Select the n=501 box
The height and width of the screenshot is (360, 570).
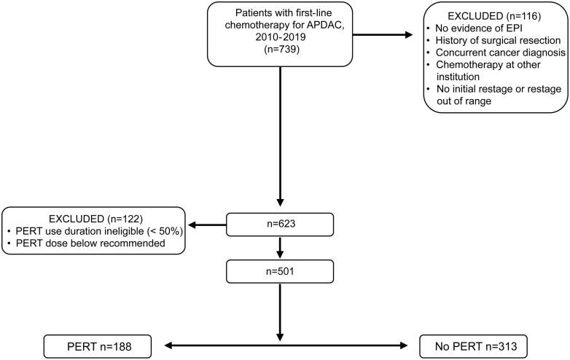281,272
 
